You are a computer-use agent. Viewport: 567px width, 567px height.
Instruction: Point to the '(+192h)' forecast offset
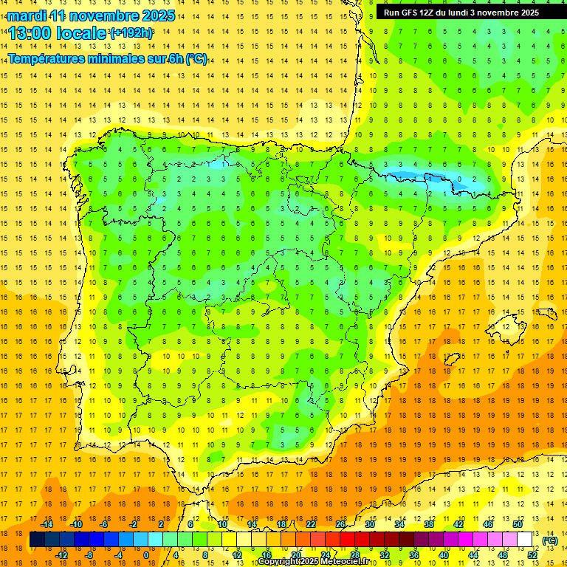(131, 32)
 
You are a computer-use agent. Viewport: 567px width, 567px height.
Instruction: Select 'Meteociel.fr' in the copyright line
(343, 562)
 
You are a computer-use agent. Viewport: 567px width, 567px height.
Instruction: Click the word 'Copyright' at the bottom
(281, 562)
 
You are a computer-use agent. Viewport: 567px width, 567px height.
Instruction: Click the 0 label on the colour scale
(146, 555)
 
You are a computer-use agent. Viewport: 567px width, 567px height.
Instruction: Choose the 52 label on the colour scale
(532, 555)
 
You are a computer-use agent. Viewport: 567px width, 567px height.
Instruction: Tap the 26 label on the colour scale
(340, 524)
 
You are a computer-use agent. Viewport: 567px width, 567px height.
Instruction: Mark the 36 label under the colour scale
(414, 555)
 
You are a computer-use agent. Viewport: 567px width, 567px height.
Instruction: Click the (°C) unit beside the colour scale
(549, 540)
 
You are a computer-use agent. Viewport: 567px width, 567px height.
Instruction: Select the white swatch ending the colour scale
(525, 540)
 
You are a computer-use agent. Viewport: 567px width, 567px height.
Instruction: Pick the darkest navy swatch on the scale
(37, 540)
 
